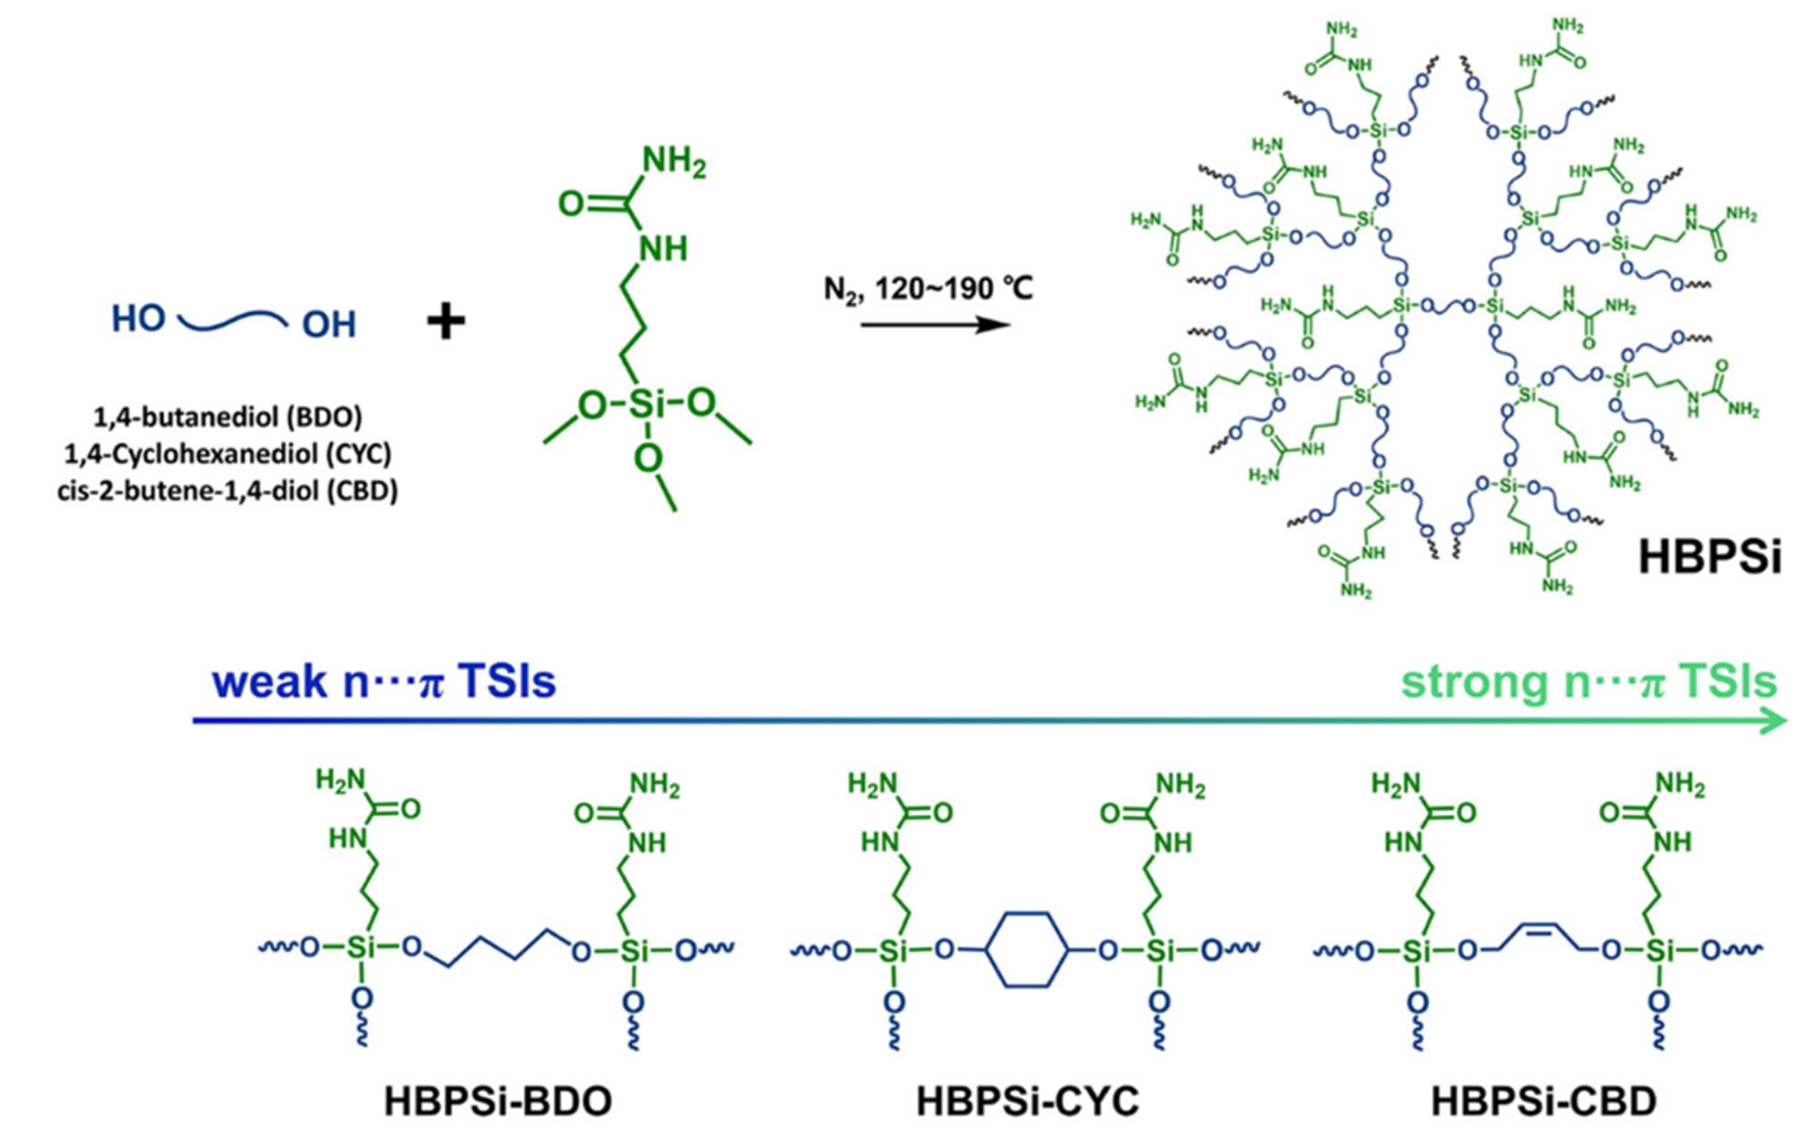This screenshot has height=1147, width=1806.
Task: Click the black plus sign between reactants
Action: click(446, 321)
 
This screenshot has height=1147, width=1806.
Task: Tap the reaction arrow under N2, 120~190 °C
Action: click(935, 324)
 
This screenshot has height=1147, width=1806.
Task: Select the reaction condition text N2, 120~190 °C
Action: click(928, 289)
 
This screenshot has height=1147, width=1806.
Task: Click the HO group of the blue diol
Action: click(138, 319)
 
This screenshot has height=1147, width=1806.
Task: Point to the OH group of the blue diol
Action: click(329, 324)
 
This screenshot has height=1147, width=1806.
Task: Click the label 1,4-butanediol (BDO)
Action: click(228, 417)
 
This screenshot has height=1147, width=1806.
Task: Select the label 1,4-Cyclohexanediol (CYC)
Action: click(228, 453)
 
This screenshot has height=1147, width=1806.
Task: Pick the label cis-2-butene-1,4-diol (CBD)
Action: click(228, 491)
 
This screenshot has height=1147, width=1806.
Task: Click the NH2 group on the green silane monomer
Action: click(674, 162)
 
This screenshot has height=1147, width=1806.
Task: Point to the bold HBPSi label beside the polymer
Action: click(1710, 555)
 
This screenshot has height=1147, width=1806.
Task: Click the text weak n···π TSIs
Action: click(384, 681)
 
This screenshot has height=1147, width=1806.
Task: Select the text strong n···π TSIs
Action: click(1588, 682)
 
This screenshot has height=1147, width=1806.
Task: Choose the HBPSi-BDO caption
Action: click(498, 1101)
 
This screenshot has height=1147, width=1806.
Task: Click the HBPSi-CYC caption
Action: click(1028, 1101)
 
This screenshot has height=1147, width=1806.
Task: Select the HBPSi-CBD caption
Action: click(1544, 1101)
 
